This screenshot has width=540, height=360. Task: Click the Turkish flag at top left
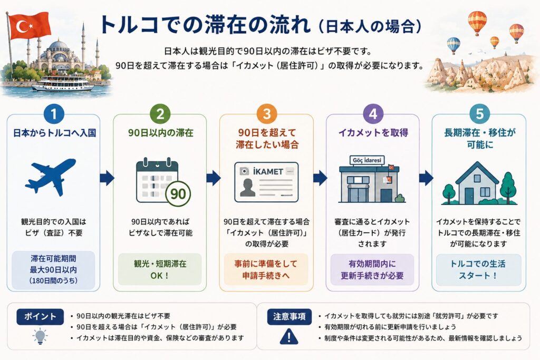click(30, 25)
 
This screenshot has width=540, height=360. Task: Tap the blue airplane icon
click(51, 177)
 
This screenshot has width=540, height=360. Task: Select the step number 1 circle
click(54, 114)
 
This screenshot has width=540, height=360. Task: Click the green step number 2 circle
click(160, 114)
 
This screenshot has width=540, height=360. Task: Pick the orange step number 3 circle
click(267, 114)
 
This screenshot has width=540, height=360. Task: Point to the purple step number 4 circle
click(373, 114)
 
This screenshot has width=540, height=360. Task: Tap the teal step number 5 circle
click(479, 114)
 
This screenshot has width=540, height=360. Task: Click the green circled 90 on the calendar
click(178, 194)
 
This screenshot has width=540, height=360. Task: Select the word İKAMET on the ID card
click(268, 171)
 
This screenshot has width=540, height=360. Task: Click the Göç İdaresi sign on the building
click(367, 160)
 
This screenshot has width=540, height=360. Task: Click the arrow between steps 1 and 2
click(107, 178)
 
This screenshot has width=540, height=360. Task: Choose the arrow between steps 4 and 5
click(426, 178)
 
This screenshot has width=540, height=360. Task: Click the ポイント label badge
click(40, 317)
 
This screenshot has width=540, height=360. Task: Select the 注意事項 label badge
click(290, 317)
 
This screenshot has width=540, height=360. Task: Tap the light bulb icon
click(40, 336)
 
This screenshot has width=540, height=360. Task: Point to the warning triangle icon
click(289, 336)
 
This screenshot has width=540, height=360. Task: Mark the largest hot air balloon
click(477, 22)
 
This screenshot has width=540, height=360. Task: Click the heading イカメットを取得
click(373, 133)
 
